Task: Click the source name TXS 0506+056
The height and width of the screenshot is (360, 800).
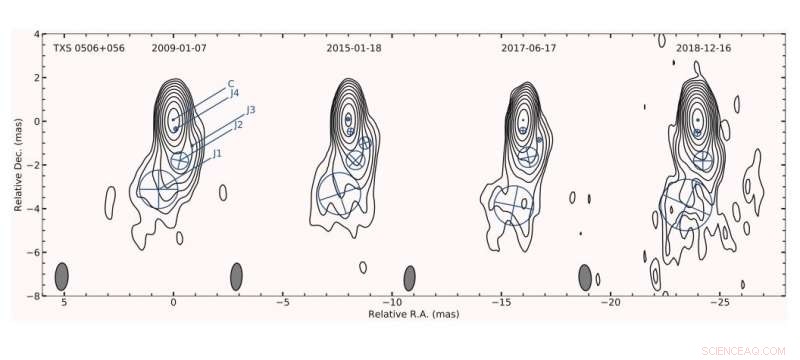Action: tap(85, 47)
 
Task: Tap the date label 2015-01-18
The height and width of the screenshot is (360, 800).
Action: tap(355, 47)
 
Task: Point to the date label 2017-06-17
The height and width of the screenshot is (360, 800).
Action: tap(528, 47)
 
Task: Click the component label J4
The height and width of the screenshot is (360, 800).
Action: tap(234, 93)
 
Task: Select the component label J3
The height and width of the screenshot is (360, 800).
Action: tap(251, 109)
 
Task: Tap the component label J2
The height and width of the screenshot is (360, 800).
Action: tap(238, 125)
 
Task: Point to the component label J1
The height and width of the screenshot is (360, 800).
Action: tap(216, 153)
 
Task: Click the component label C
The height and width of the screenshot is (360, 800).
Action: tap(231, 83)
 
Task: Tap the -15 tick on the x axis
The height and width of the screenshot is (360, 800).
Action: tap(502, 302)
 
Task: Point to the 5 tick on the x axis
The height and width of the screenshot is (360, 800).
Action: tap(63, 302)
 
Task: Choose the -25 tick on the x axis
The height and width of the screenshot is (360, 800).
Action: tap(722, 302)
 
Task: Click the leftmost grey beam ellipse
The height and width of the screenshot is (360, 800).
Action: tap(62, 275)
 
